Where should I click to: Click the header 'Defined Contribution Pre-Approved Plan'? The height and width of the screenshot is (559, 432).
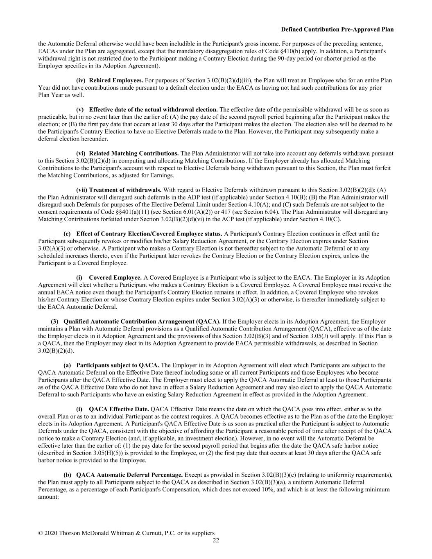tap(337, 29)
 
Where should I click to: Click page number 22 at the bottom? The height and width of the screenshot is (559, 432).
tap(216, 540)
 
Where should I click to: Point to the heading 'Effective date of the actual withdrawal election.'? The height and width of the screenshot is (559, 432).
tap(153, 110)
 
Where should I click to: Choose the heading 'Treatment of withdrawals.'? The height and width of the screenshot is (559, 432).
tap(125, 190)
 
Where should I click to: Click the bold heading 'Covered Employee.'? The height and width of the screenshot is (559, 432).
tap(115, 278)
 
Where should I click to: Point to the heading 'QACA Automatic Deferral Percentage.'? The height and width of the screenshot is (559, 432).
tap(129, 475)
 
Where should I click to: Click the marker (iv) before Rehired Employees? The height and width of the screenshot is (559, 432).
tap(81, 80)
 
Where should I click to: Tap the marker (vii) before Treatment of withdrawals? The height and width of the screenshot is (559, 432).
tap(81, 190)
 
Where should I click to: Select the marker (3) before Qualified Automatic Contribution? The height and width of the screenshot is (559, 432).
tap(54, 321)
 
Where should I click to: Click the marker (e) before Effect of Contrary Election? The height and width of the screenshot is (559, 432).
tap(68, 234)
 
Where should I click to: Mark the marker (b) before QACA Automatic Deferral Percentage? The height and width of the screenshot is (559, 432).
tap(68, 475)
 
